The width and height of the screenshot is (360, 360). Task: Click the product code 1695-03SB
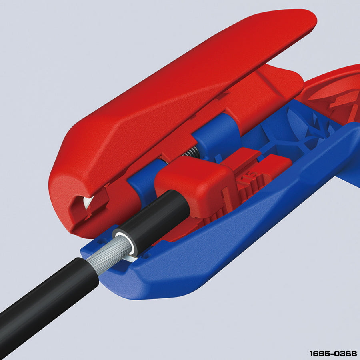pyautogui.click(x=333, y=354)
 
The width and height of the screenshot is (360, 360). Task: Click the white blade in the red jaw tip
pyautogui.click(x=88, y=202)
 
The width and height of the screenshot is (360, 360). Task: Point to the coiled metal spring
pyautogui.click(x=192, y=152)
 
